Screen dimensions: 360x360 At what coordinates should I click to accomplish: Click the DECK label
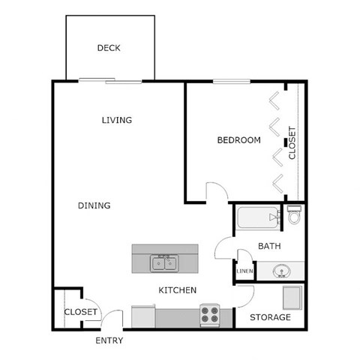coord(109,48)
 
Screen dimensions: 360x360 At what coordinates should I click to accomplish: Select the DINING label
coord(94,205)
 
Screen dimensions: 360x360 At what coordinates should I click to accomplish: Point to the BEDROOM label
coord(238,140)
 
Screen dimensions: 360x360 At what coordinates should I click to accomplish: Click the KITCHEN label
coord(177,290)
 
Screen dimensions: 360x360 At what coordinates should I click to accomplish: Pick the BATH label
coord(268,246)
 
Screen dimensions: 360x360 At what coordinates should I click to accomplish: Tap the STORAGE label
coord(269,317)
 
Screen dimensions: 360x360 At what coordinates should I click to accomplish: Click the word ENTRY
coord(109,341)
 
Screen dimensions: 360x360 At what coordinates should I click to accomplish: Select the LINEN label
coord(244,271)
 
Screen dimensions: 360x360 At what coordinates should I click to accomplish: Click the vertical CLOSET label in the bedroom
coord(292,141)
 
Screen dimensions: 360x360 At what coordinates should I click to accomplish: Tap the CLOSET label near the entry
coord(80,312)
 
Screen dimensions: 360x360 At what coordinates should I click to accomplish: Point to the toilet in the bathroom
coord(293,216)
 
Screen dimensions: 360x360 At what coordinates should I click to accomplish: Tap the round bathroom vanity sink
coord(283,269)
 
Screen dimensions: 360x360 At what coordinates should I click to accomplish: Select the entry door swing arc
coord(112,318)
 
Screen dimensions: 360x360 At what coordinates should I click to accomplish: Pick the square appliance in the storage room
coord(292,296)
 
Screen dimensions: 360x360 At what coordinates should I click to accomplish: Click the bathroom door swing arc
coord(224,247)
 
